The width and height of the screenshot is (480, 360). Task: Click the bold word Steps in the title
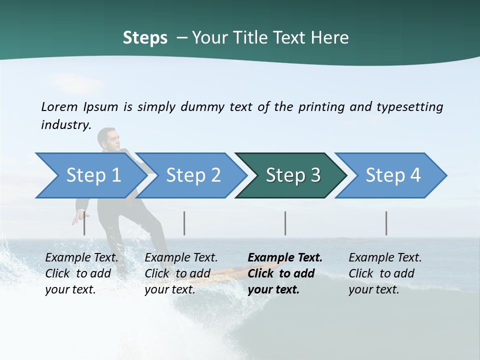tap(145, 38)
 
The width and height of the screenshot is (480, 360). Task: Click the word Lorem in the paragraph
tap(59, 106)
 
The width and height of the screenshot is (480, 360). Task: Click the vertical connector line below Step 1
tap(84, 223)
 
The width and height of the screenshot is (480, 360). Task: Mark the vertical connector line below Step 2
tap(184, 223)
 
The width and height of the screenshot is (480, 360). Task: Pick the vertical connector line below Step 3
tap(285, 223)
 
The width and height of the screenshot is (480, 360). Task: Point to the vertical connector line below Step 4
tap(386, 223)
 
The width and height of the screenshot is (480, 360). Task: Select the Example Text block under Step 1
tap(81, 273)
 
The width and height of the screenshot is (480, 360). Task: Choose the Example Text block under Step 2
tap(181, 273)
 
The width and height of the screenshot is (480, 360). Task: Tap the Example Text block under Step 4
tap(385, 273)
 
